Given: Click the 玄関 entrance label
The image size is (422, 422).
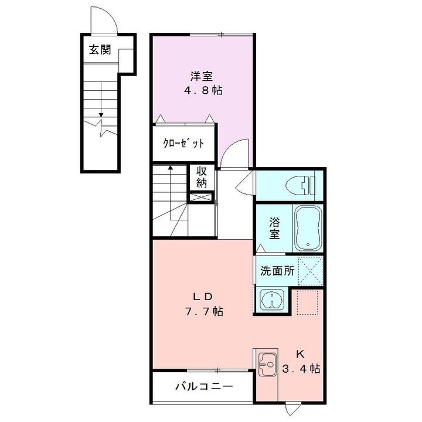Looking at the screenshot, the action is (100, 49).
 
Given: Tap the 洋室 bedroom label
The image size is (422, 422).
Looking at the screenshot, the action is (202, 76).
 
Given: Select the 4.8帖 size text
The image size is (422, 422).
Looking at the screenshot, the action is (203, 90).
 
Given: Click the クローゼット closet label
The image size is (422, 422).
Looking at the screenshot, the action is (183, 144).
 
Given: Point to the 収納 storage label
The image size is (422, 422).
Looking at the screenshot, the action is (202, 178).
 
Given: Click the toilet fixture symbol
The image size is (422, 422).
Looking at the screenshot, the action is (301, 185).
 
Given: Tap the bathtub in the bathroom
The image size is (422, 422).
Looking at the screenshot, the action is (308, 228).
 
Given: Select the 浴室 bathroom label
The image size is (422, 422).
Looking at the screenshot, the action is (274, 228).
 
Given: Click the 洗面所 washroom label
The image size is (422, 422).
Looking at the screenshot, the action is (277, 271).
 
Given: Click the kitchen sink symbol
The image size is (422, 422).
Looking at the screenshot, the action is (268, 365).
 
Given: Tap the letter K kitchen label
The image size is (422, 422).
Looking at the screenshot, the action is (300, 355).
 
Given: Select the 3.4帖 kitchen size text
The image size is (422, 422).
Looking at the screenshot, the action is (301, 369).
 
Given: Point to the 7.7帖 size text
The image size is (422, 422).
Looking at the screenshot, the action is (204, 311).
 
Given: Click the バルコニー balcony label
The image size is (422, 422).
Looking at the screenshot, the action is (204, 387).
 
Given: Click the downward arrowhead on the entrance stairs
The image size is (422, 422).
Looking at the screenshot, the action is (101, 115).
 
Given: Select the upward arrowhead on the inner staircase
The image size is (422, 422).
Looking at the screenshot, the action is (170, 168).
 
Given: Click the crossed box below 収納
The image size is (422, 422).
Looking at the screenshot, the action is (201, 198).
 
